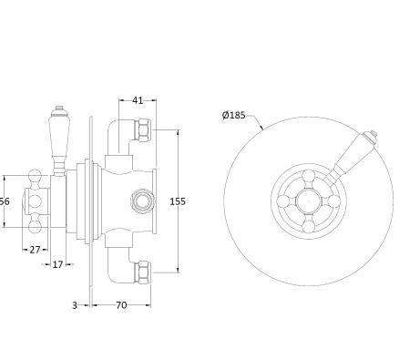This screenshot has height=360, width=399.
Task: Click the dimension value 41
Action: click(x=138, y=100)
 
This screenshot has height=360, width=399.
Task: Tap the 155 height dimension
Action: click(x=178, y=201)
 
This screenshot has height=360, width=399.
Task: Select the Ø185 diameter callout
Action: click(x=233, y=115)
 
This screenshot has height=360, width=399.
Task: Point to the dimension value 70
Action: click(x=121, y=305)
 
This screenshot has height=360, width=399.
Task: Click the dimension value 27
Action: click(x=35, y=250)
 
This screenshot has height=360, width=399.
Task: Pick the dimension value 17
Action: click(x=57, y=264)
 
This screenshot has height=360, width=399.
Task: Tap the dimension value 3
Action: click(x=75, y=305)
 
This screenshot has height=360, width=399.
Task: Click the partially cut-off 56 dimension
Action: click(x=5, y=201)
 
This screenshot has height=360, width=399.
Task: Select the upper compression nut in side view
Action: click(x=143, y=129)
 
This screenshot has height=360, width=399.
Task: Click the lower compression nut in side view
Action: click(x=143, y=273)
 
